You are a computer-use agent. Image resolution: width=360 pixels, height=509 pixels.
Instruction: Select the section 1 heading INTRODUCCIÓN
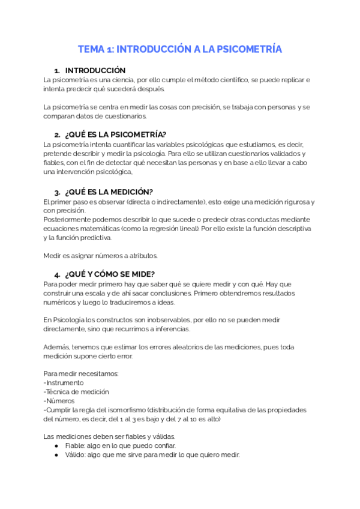click(95, 70)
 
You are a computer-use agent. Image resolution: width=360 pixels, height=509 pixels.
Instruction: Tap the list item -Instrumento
click(64, 382)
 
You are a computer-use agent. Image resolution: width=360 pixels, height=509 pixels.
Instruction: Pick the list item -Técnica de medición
click(76, 392)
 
